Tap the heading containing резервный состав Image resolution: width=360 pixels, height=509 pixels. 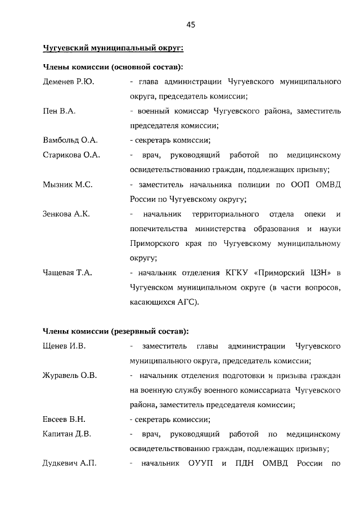(x=116, y=331)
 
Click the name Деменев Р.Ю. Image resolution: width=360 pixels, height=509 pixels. (x=68, y=82)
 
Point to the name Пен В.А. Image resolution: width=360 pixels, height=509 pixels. (x=59, y=111)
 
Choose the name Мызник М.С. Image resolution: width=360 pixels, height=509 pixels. (x=67, y=184)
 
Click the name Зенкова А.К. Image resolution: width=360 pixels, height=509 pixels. (x=66, y=214)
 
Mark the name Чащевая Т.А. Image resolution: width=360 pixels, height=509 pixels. (x=67, y=273)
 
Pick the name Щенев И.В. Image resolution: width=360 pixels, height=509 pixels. (x=64, y=346)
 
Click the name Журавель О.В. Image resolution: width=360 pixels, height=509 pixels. (x=70, y=375)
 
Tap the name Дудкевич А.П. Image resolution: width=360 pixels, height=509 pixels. (x=70, y=463)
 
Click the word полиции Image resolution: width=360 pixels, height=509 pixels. (x=256, y=184)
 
